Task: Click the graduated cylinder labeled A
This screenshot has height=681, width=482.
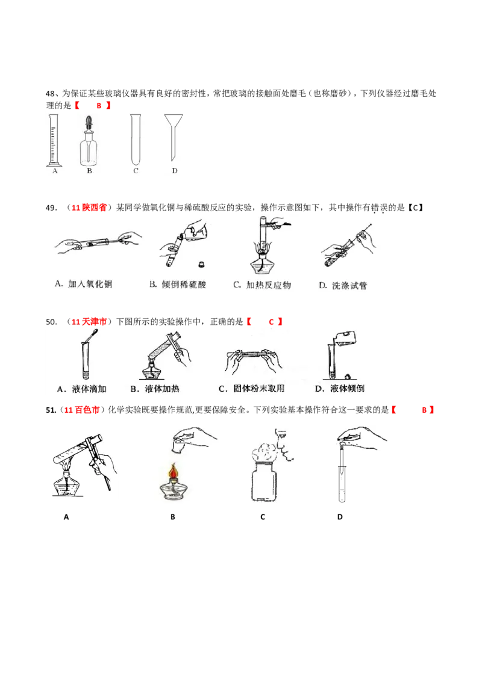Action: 55,140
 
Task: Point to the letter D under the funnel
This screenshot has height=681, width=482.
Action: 175,171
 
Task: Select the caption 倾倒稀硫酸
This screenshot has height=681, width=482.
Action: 177,284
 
